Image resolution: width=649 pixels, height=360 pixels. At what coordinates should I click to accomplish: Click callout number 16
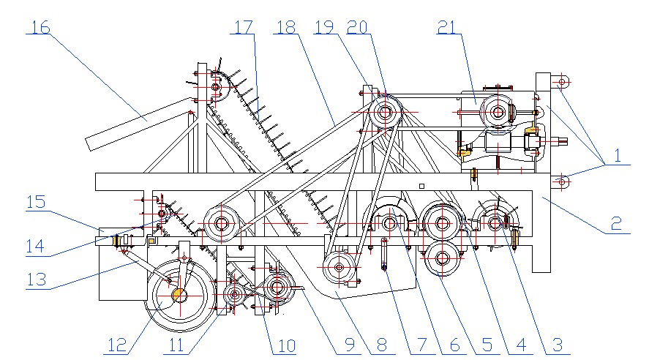[40, 27]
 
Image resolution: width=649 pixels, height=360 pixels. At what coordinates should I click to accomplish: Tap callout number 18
[286, 27]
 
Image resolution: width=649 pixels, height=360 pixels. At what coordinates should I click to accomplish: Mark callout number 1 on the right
[616, 156]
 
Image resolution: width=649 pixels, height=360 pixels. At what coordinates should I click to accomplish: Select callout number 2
[616, 222]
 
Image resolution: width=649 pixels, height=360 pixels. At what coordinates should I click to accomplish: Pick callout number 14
[39, 245]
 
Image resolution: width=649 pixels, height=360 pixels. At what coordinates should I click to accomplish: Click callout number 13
[39, 278]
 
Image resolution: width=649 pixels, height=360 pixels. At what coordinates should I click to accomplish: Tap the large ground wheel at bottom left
[179, 295]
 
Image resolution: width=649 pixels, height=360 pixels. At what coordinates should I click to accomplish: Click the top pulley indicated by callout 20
[385, 113]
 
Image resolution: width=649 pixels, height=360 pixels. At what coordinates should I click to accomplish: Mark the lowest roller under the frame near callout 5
[442, 258]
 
